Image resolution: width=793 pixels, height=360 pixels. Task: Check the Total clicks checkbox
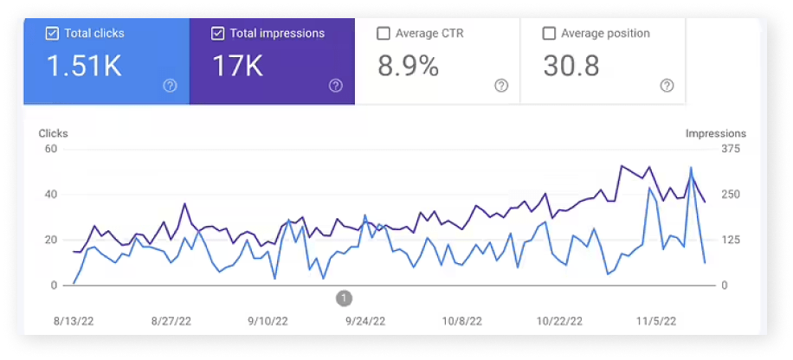52,34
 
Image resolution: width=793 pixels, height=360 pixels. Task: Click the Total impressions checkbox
217,34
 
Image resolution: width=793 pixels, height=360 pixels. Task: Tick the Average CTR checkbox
384,34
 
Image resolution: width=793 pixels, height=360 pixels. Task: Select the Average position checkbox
549,34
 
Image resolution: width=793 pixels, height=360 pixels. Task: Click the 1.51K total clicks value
84,66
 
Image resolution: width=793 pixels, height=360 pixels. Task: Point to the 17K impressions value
237,66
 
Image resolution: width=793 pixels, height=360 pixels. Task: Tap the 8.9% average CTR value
408,66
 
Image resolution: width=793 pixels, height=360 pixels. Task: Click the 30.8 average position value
571,66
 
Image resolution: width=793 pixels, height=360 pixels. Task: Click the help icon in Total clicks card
170,86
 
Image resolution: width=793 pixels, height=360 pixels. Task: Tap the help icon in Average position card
667,86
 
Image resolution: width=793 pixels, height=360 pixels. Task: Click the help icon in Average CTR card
501,86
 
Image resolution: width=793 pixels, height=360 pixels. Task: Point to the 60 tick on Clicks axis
50,149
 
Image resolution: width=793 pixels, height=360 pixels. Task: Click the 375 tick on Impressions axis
731,149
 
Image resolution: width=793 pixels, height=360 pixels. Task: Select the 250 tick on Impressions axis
731,195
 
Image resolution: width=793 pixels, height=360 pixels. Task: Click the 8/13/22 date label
74,322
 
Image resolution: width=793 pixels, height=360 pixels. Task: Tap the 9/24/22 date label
365,322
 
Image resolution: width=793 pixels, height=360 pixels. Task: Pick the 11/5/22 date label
656,322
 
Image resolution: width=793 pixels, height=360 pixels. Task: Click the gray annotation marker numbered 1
344,299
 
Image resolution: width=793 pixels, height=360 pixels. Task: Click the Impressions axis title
716,133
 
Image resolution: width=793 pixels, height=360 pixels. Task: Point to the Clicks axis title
53,133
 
